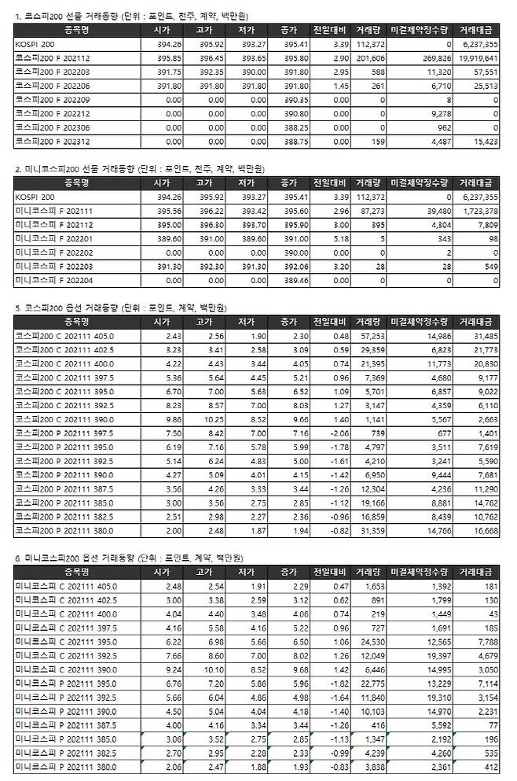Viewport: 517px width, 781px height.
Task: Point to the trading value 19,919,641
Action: [480, 57]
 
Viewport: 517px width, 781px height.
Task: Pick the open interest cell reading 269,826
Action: [429, 57]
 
